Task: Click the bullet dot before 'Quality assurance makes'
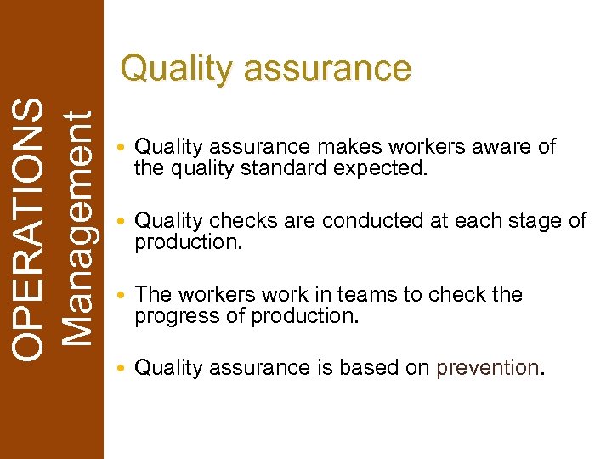pos(124,149)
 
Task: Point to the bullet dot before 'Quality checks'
pos(124,223)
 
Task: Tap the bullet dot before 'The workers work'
pos(124,296)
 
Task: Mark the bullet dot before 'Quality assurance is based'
pos(124,369)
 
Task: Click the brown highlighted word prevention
pos(487,368)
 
